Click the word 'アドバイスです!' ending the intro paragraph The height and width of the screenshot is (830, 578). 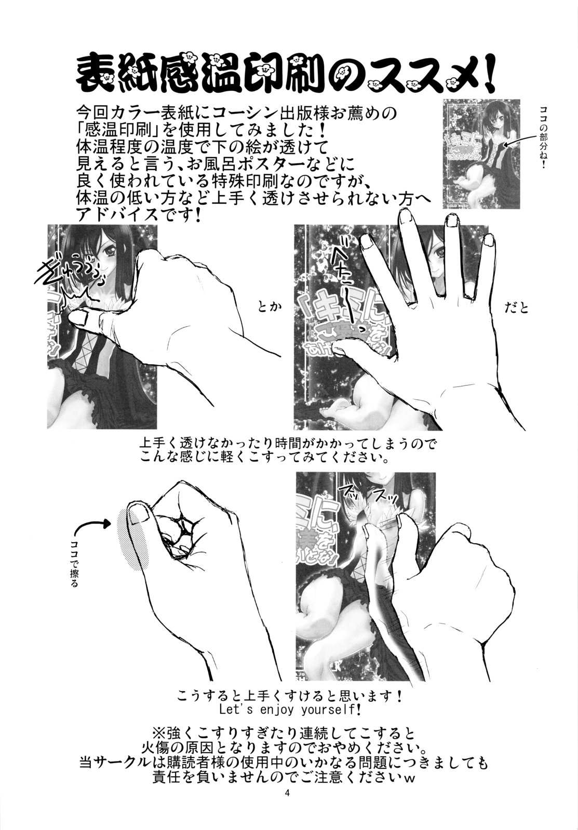[138, 200]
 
